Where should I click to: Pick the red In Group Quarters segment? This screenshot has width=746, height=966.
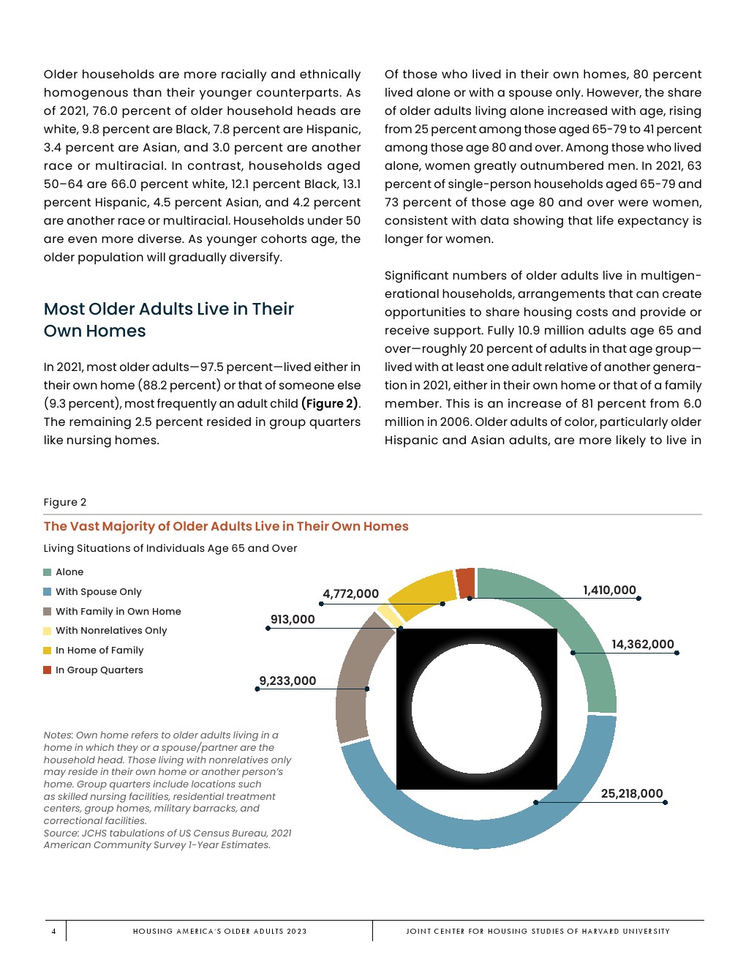(x=465, y=583)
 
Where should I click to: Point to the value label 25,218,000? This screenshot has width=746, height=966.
(x=632, y=793)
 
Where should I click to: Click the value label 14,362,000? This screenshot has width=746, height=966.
(x=643, y=644)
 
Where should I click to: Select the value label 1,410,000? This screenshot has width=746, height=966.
(x=609, y=590)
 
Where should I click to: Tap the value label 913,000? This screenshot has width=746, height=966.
(x=293, y=619)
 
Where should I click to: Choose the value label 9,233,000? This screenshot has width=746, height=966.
(x=287, y=681)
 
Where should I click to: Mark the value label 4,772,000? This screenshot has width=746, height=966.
(x=350, y=594)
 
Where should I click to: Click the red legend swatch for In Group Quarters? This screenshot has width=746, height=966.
(x=48, y=670)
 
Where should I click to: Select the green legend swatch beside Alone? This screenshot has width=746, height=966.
(x=48, y=572)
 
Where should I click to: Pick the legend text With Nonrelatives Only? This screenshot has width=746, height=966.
(x=111, y=630)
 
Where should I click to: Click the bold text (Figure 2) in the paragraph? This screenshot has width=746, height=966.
(x=330, y=403)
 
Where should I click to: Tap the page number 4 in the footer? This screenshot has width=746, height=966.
(x=53, y=931)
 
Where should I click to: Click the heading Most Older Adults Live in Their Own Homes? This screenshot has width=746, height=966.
(x=168, y=320)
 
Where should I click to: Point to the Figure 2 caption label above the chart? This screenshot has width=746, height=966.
(x=65, y=502)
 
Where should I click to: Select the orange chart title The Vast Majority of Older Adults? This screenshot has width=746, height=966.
(x=226, y=526)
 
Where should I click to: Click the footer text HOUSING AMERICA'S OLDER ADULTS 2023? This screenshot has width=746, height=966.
(x=219, y=931)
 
